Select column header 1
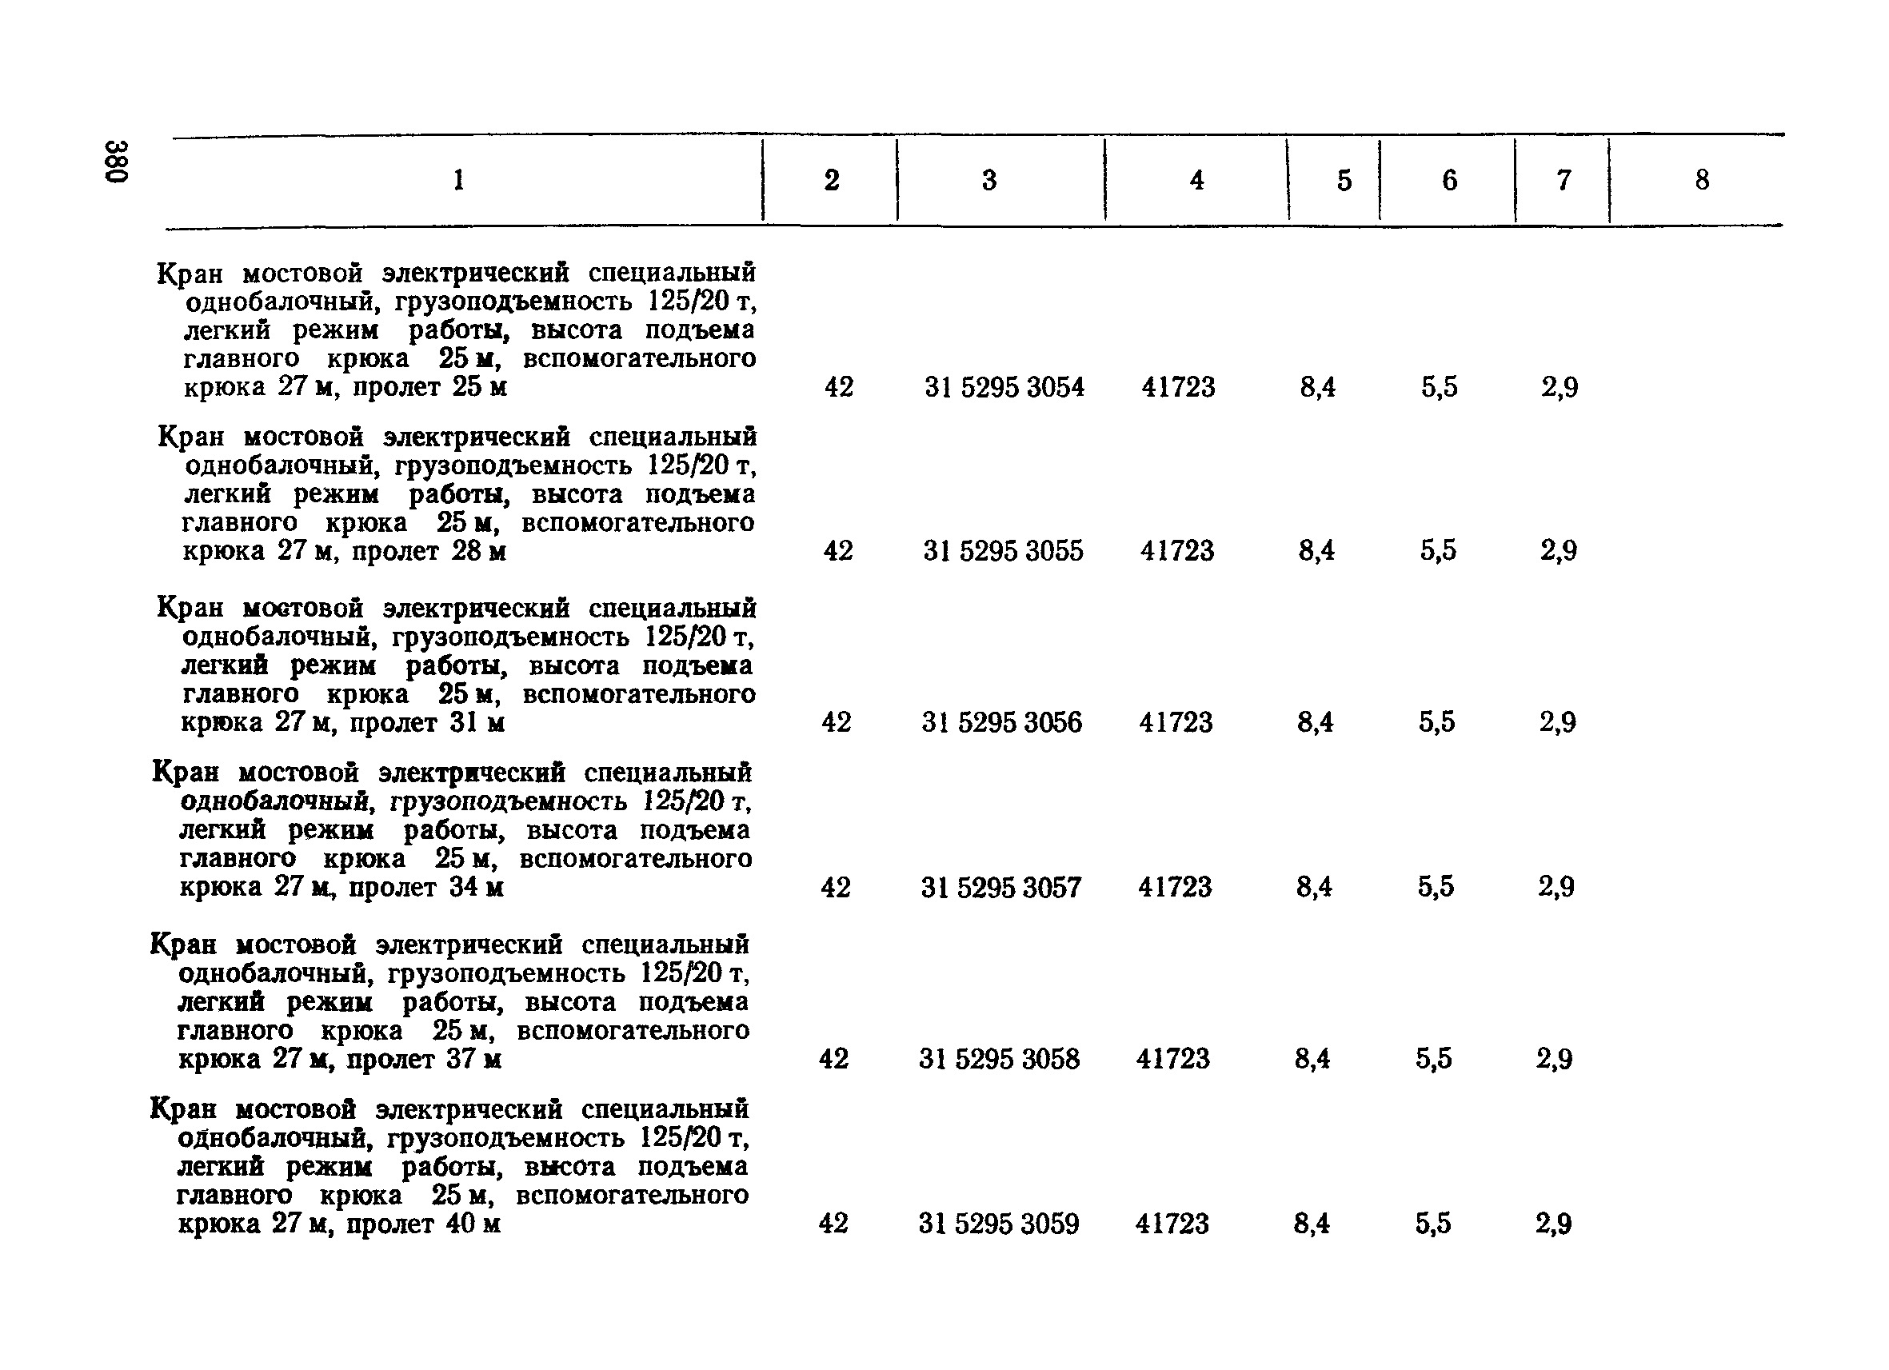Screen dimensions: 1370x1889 coord(458,179)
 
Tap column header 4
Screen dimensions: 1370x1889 coord(1197,180)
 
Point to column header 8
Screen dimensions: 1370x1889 coord(1702,180)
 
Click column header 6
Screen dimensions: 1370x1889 coord(1449,180)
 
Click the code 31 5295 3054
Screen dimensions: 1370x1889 coord(1004,387)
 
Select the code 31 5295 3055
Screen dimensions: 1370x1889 coord(1003,551)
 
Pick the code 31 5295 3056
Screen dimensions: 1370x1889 coord(1001,722)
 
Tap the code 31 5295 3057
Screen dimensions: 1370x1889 coord(1000,888)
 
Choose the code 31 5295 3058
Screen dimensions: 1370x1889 coord(999,1060)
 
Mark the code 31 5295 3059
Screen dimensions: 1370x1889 coord(999,1224)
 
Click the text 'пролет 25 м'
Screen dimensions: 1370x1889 coord(429,387)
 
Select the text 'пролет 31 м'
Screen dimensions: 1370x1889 coord(426,722)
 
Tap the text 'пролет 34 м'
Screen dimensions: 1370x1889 coord(425,888)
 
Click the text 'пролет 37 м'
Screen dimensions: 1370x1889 coord(423,1060)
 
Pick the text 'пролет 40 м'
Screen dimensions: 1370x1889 coord(423,1224)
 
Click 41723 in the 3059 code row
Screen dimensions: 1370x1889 coord(1172,1224)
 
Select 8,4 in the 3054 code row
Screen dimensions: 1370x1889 coord(1318,387)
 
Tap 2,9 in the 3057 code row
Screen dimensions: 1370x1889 coord(1556,888)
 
